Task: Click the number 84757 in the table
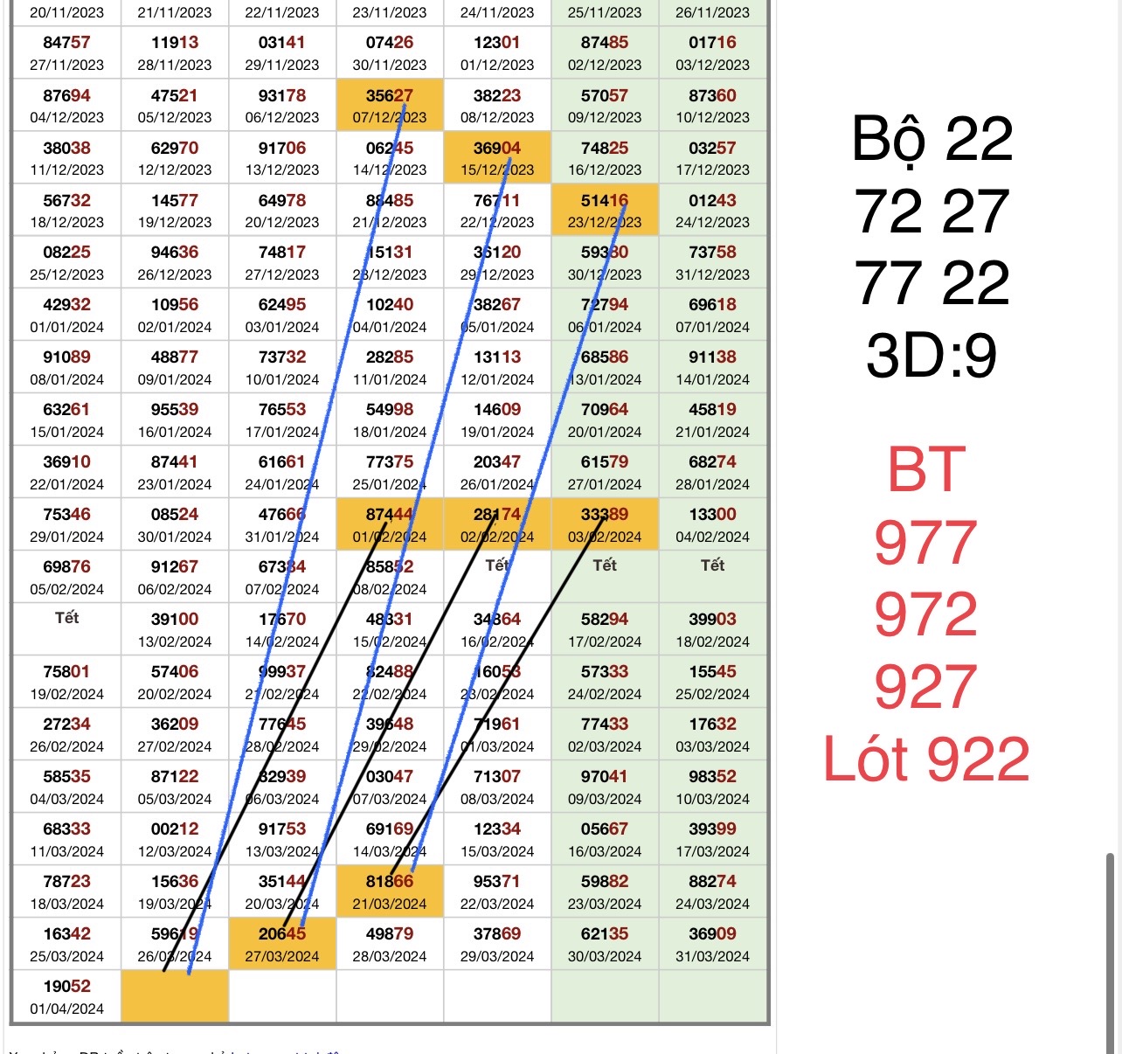(x=66, y=42)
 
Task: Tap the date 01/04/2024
(x=66, y=1009)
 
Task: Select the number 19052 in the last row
(x=66, y=986)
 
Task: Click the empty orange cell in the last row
(x=175, y=996)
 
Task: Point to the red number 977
(x=925, y=543)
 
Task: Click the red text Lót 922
(x=926, y=759)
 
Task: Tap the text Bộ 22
(x=932, y=139)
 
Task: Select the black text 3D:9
(x=932, y=355)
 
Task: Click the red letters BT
(x=926, y=470)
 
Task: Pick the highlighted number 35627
(x=390, y=95)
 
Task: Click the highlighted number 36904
(x=497, y=148)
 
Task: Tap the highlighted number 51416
(x=605, y=200)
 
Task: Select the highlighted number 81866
(x=390, y=881)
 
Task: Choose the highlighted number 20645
(x=282, y=933)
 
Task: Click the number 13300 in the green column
(x=712, y=514)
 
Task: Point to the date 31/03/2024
(x=712, y=956)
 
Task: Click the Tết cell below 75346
(x=66, y=618)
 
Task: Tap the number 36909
(x=712, y=933)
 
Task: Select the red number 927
(x=925, y=687)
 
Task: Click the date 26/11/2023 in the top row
(x=712, y=12)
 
